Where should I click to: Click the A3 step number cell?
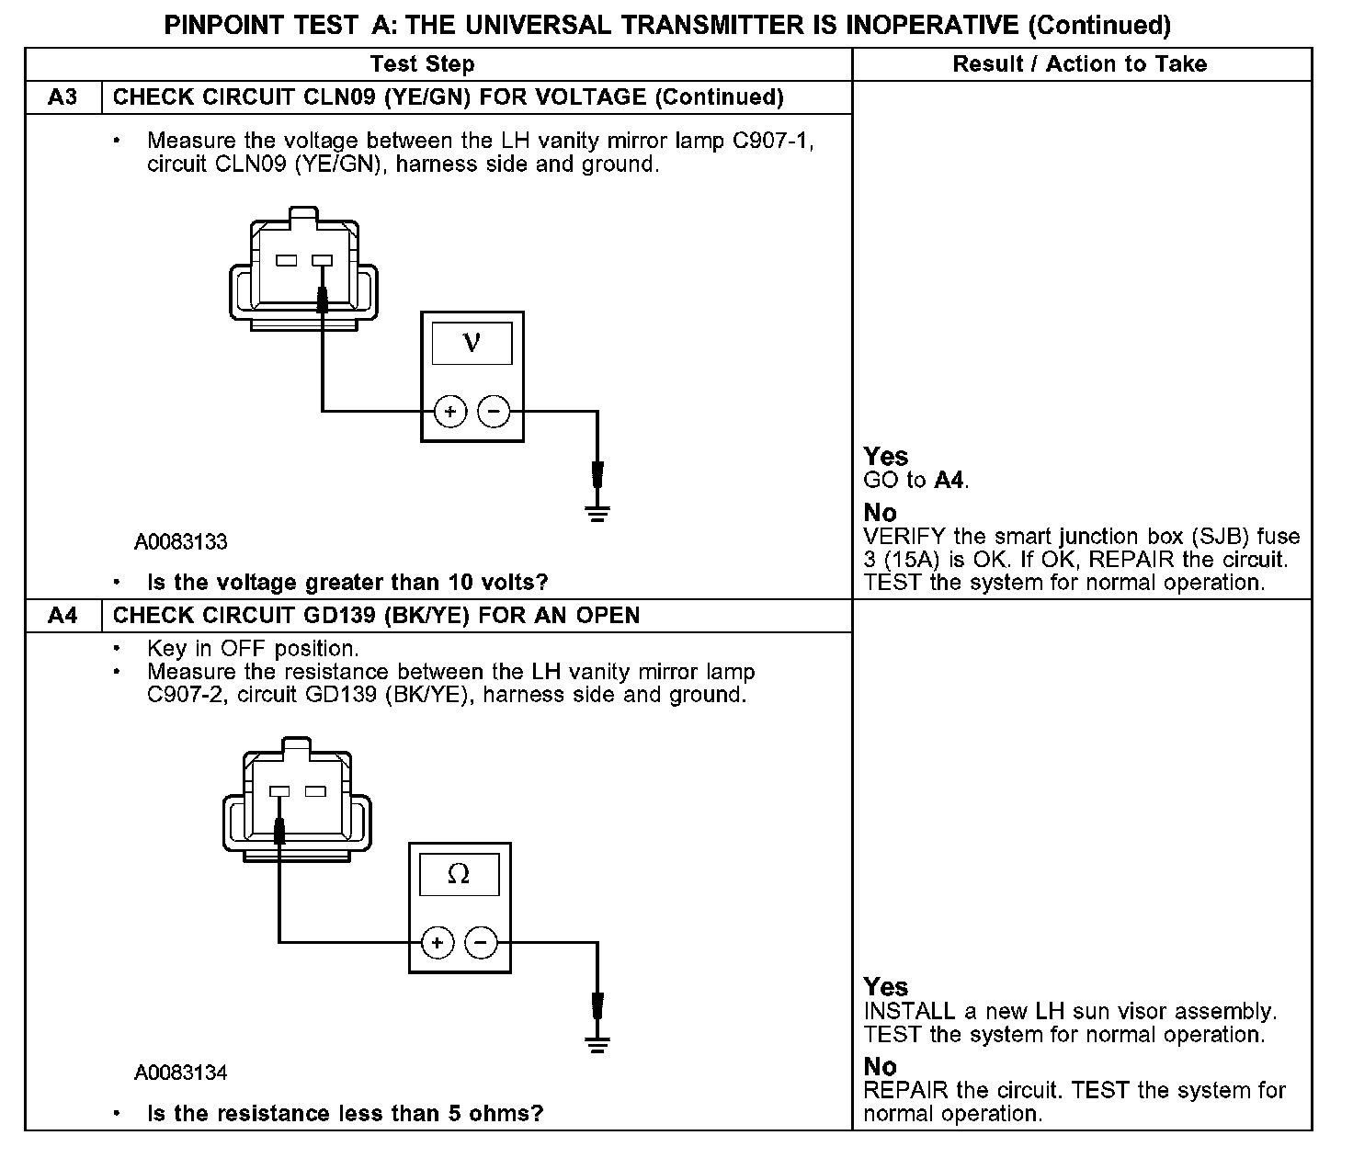[63, 97]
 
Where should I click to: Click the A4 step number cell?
[63, 616]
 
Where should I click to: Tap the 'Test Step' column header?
[422, 64]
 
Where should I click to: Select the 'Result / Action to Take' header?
[1080, 64]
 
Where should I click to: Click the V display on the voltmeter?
[472, 343]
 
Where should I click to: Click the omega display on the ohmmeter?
[458, 875]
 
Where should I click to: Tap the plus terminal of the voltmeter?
[450, 412]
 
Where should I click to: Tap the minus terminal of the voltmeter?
[495, 412]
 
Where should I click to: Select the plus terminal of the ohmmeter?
[438, 942]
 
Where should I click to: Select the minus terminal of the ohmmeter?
[481, 942]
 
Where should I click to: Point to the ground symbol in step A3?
[597, 510]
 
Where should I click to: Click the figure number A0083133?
[181, 542]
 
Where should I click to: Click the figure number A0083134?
[181, 1073]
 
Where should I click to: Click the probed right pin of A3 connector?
[322, 261]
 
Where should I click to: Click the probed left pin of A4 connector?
[279, 791]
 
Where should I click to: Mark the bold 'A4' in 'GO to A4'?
[950, 481]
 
